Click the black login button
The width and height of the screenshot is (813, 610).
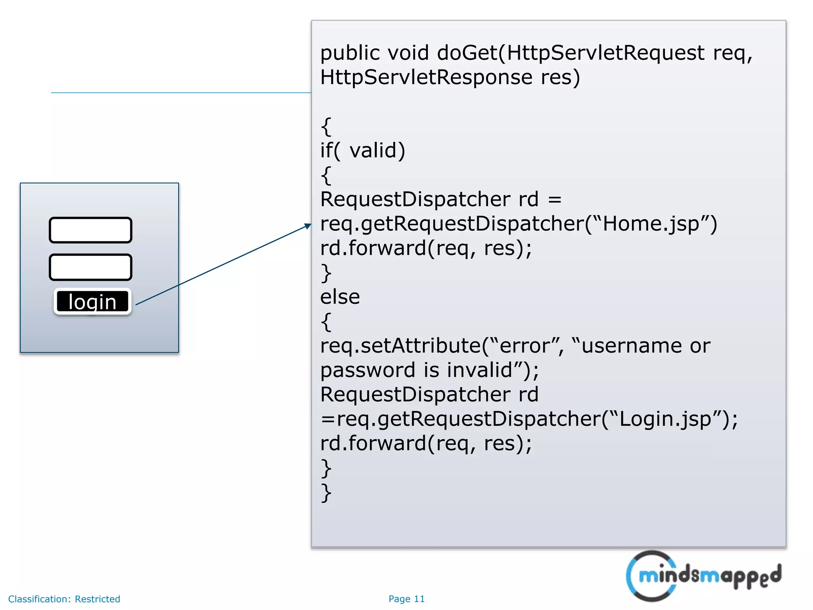coord(92,301)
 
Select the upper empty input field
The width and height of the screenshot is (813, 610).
coord(91,230)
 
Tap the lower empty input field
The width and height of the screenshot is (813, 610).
coord(91,267)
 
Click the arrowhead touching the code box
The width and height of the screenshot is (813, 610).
coord(308,226)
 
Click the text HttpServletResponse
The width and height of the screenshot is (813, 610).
coord(426,77)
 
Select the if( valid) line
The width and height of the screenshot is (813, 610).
coord(362,151)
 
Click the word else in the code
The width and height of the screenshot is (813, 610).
coord(340,297)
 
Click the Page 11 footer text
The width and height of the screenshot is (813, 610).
coord(406,599)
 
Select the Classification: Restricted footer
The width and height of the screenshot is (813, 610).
coord(64,599)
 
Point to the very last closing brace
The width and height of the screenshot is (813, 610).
coord(326,493)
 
